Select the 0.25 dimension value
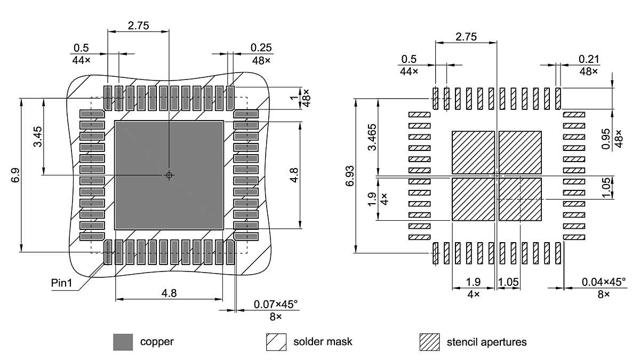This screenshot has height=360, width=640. click(x=261, y=47)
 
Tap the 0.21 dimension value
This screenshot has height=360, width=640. click(x=589, y=58)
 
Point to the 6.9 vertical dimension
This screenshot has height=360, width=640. click(x=15, y=175)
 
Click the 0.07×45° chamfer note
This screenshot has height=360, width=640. click(x=276, y=304)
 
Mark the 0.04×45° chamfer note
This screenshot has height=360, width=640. click(x=604, y=282)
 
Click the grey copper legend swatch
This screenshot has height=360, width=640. click(x=123, y=342)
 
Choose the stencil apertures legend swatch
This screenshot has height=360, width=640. click(x=429, y=342)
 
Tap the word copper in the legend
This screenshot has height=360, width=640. click(x=157, y=342)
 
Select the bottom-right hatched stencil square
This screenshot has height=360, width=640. click(x=520, y=199)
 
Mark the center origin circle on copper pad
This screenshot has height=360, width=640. click(x=169, y=175)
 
